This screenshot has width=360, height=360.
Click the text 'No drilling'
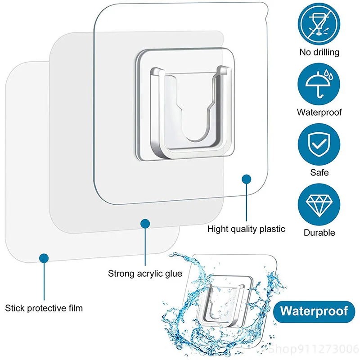pos(319,52)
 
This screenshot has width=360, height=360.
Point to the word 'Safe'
pos(319,172)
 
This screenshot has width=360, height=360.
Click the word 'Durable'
pos(319,233)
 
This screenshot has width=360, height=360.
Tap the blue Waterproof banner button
pos(314,311)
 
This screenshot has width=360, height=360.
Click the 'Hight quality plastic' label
pos(246,229)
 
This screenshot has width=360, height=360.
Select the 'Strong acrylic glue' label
pos(145,273)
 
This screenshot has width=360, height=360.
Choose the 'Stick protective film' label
pos(44,308)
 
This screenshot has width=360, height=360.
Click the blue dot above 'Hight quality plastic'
pos(246,179)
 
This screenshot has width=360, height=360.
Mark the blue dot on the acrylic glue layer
pos(144,223)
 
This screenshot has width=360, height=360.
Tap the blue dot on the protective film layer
pos(44,258)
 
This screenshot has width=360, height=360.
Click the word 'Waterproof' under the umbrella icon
pos(319,112)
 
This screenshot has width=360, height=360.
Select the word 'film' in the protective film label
pos(73,308)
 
